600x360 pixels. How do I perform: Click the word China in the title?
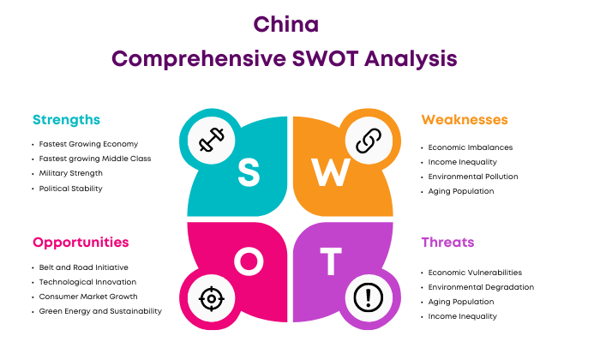[x=285, y=25]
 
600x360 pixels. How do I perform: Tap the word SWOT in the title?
[x=325, y=59]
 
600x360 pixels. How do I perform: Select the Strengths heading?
[x=66, y=120]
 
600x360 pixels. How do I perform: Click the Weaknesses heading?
[x=465, y=120]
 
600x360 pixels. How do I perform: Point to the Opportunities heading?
[x=81, y=243]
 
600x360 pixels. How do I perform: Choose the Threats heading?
[x=447, y=243]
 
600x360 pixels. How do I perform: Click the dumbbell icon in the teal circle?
[x=211, y=140]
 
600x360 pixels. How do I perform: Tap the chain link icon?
[x=369, y=141]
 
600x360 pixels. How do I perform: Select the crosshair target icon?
[x=211, y=298]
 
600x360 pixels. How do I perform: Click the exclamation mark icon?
[x=368, y=297]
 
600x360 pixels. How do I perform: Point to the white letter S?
[x=249, y=172]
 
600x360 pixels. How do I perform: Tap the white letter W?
[x=331, y=172]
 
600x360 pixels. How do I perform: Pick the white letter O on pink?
[x=249, y=261]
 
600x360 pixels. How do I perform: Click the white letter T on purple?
[x=331, y=261]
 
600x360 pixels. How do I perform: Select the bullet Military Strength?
[x=71, y=173]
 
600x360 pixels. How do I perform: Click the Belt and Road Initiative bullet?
[x=83, y=267]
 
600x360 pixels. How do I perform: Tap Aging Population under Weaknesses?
[x=461, y=191]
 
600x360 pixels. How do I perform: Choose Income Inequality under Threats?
[x=462, y=316]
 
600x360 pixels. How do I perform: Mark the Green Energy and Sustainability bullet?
[x=100, y=311]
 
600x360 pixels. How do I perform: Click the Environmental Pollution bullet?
[x=473, y=177]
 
